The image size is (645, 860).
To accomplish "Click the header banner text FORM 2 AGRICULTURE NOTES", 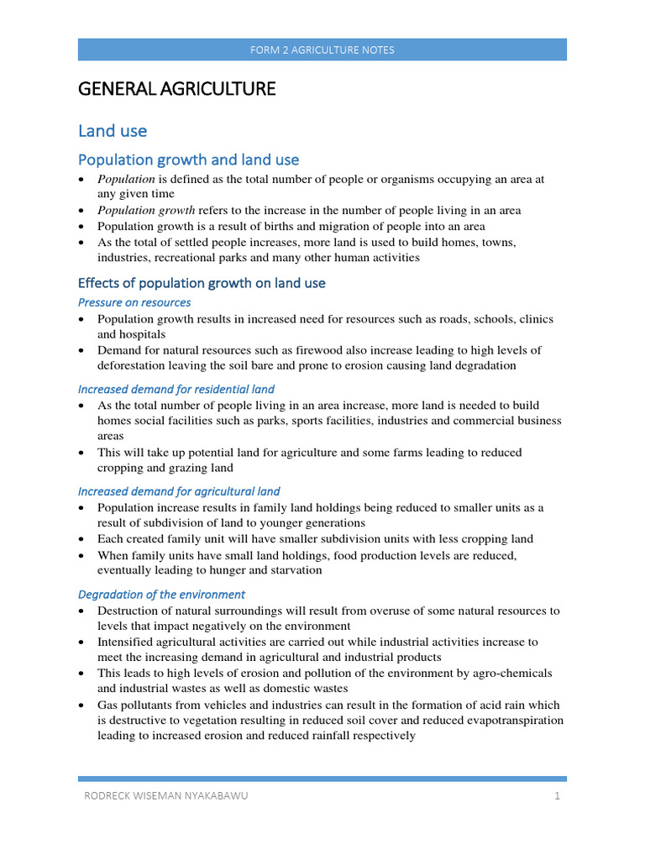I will tap(322, 50).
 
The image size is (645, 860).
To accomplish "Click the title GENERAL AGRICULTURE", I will tap(176, 88).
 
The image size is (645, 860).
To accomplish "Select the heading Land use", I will tap(113, 131).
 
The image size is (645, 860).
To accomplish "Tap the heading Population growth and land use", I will tap(188, 160).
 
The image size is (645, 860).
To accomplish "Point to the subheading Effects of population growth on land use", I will tap(202, 283).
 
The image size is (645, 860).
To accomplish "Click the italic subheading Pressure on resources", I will tap(134, 302).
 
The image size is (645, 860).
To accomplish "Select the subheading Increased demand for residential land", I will tap(176, 389).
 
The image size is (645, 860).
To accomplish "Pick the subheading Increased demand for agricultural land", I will tap(179, 491).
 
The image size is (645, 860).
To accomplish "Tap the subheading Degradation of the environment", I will tap(161, 595).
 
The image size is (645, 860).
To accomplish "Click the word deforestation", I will tap(135, 365).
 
